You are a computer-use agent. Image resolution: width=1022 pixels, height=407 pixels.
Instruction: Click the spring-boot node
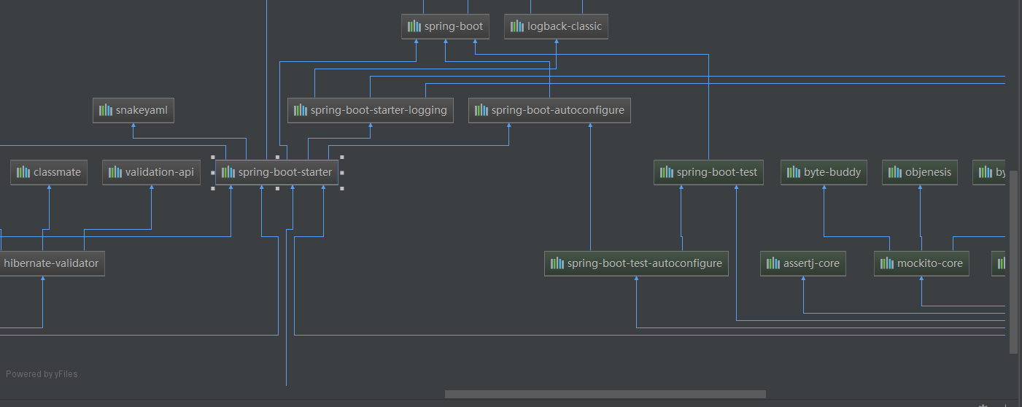click(445, 26)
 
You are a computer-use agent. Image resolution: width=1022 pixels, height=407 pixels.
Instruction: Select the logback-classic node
click(556, 26)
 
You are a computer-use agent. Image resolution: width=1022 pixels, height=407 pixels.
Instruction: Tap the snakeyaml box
click(133, 110)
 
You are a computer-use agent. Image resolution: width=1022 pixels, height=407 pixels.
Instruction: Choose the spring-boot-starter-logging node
click(371, 110)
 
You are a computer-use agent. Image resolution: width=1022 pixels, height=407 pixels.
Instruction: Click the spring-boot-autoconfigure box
click(549, 110)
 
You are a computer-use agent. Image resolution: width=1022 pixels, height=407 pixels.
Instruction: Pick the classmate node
click(49, 172)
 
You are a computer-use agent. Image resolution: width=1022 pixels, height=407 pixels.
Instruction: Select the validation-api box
click(151, 172)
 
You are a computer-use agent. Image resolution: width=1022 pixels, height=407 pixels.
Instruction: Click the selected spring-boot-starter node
click(276, 172)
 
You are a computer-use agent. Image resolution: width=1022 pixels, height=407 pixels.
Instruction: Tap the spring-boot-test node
click(708, 172)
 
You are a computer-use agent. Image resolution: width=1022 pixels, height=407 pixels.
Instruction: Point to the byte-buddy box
click(824, 172)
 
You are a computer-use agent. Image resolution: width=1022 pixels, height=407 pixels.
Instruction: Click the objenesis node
click(919, 172)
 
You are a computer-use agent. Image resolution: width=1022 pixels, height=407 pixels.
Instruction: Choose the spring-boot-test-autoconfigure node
click(636, 263)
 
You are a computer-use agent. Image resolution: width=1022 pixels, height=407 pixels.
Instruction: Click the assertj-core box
click(803, 263)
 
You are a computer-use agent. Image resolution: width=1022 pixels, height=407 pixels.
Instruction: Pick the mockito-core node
click(921, 263)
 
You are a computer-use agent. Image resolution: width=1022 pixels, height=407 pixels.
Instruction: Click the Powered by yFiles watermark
click(42, 374)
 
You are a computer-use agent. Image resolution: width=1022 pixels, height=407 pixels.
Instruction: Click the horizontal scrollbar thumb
click(605, 395)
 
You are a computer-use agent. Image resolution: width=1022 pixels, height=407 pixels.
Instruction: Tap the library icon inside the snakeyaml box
click(106, 110)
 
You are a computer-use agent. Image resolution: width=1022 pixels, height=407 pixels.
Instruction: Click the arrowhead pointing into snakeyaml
click(133, 125)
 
